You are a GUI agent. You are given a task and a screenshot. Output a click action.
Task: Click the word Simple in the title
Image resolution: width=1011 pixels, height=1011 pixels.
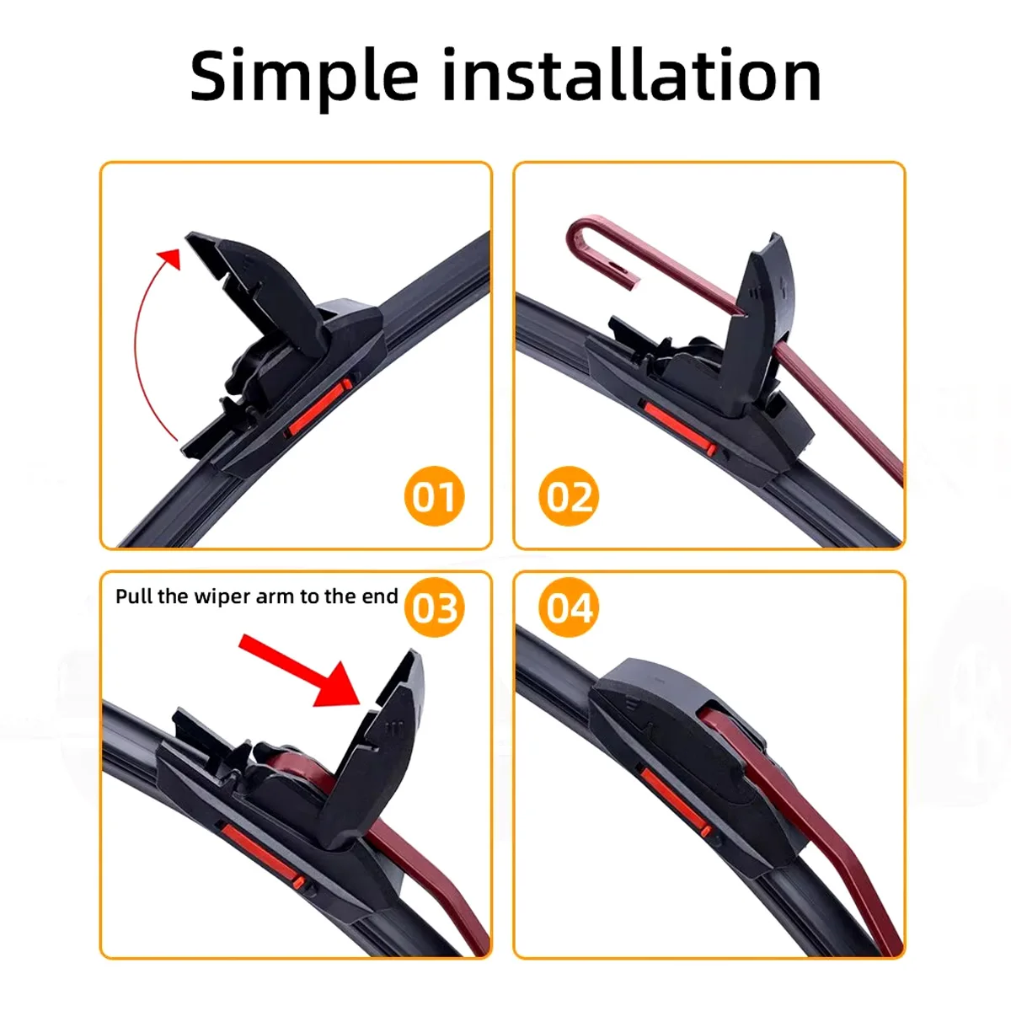(304, 76)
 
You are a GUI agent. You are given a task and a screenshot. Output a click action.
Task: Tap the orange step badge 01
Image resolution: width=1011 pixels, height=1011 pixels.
(435, 496)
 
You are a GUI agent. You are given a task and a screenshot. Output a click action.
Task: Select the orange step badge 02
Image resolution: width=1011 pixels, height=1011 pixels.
(569, 496)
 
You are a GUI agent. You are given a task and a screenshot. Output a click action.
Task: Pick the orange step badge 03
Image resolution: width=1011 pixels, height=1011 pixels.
(435, 607)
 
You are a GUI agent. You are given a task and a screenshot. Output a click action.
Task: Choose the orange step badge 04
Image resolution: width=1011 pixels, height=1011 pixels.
(569, 607)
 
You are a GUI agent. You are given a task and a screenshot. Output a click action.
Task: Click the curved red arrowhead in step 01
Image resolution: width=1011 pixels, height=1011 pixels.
(170, 258)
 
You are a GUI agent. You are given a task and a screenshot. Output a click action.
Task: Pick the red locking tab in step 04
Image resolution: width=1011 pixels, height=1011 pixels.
(675, 799)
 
